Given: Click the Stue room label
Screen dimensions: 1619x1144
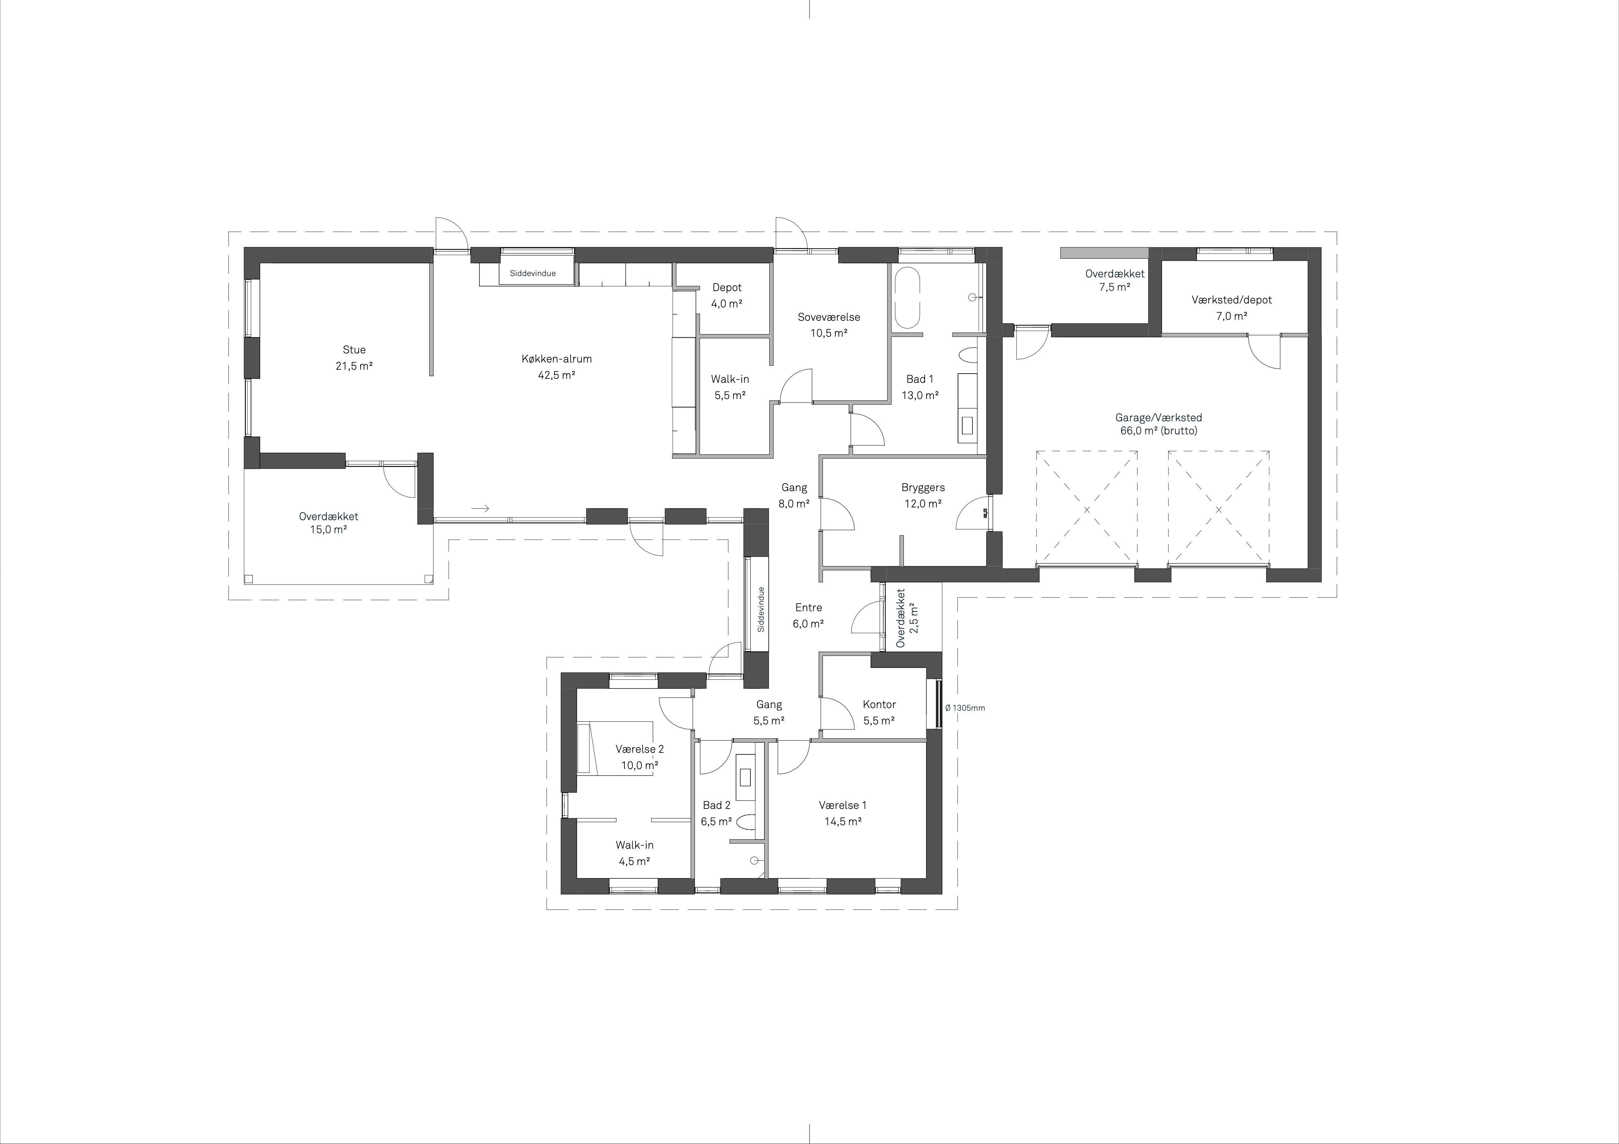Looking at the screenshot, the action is click(x=354, y=349).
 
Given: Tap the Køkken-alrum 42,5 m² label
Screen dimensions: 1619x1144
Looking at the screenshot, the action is click(x=556, y=366).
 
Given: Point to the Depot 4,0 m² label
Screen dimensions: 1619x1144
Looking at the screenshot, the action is click(x=727, y=295).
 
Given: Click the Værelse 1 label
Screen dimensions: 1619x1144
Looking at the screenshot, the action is click(x=843, y=805).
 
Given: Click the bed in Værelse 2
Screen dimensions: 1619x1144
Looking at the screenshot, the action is click(x=615, y=748).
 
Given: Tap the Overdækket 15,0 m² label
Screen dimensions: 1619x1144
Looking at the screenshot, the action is click(x=329, y=523).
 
